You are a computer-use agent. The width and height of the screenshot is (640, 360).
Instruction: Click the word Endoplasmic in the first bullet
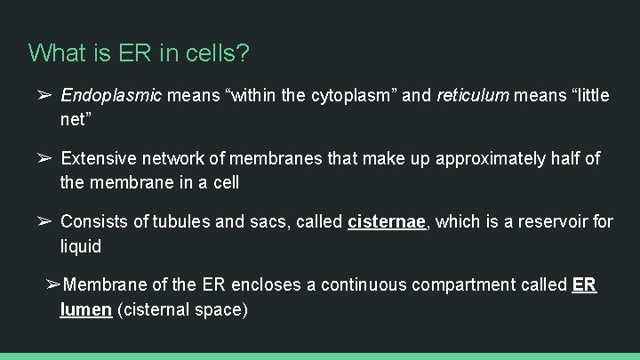tap(111, 95)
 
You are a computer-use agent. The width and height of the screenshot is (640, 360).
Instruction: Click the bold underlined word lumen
tap(85, 309)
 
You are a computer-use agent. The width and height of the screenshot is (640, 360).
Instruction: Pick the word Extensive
tap(99, 158)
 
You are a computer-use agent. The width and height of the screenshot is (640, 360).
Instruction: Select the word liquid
tap(81, 245)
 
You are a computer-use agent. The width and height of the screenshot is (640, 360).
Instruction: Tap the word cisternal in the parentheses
tap(156, 309)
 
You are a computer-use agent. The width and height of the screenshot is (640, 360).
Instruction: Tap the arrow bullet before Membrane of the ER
tap(53, 284)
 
